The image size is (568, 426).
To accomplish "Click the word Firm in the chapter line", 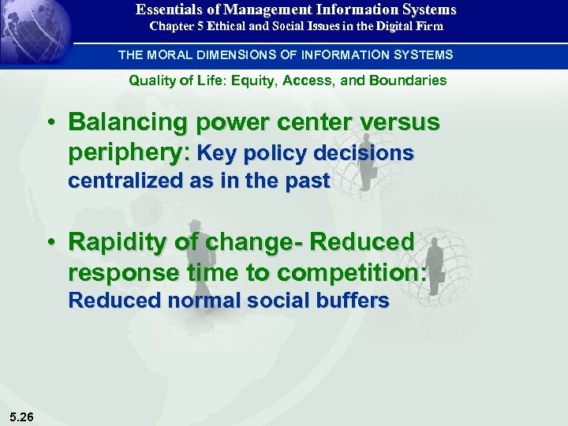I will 428,26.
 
